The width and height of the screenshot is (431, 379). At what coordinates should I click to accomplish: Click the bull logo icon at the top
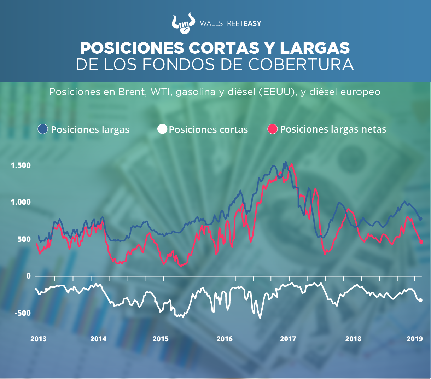point(183,23)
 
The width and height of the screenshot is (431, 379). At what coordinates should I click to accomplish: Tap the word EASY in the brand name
point(252,24)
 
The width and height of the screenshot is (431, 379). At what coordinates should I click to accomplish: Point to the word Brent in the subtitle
point(132,92)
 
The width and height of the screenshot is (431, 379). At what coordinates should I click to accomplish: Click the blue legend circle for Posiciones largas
point(43,129)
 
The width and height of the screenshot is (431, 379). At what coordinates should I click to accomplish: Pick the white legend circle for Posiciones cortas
point(162,129)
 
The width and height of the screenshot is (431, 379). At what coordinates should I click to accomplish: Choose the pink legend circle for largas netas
point(273,129)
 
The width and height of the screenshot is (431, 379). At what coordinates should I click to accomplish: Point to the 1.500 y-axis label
point(21,165)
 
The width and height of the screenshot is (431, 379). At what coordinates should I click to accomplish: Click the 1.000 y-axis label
point(21,202)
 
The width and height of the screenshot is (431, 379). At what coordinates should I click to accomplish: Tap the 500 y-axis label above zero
point(24,239)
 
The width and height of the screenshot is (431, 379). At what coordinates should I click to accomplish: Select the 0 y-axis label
point(29,276)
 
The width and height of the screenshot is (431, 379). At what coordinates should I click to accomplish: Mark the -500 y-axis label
point(22,313)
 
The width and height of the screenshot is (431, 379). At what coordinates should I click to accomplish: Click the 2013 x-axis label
point(38,339)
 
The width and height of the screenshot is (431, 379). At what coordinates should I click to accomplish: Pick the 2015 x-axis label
point(161,339)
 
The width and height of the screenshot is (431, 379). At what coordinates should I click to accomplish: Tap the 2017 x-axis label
point(288,339)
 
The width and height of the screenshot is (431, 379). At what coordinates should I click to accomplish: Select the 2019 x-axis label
point(415,339)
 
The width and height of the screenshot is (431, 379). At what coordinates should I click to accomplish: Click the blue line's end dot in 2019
point(420,219)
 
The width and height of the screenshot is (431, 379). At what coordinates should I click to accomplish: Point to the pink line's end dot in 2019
point(421,242)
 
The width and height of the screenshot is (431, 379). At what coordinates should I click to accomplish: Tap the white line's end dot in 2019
point(420,300)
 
